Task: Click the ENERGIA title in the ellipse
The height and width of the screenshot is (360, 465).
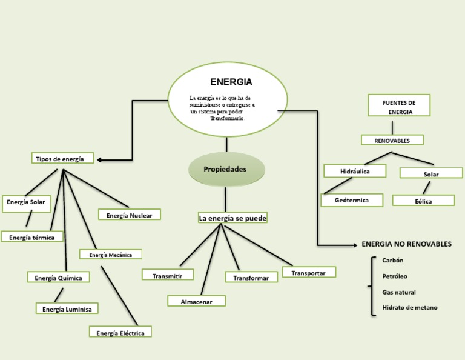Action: (231, 82)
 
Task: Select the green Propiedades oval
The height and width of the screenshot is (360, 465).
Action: (225, 169)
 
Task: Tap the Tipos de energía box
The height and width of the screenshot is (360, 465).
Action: (64, 159)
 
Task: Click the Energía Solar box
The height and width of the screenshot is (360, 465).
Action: (26, 203)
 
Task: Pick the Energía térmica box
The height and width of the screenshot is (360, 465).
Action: (32, 237)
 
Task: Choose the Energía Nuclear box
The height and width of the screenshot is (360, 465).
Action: (129, 215)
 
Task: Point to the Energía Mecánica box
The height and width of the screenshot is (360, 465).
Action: (110, 255)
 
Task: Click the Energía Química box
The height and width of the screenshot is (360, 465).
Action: (59, 278)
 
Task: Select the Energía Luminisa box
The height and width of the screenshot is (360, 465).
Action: (67, 308)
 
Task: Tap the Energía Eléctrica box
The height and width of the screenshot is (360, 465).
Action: (120, 332)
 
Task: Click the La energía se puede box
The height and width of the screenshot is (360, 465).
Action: (232, 218)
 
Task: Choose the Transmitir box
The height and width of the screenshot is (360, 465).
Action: (168, 275)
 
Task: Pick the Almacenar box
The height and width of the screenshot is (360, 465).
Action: (196, 301)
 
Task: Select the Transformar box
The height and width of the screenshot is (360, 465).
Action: (251, 277)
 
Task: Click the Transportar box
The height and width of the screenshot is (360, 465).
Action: (309, 273)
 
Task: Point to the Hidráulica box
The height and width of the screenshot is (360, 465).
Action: (355, 172)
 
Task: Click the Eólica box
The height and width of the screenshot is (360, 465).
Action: (423, 201)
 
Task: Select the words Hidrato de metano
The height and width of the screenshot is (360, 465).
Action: (409, 307)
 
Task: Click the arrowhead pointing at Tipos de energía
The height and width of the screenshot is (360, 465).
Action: (100, 160)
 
